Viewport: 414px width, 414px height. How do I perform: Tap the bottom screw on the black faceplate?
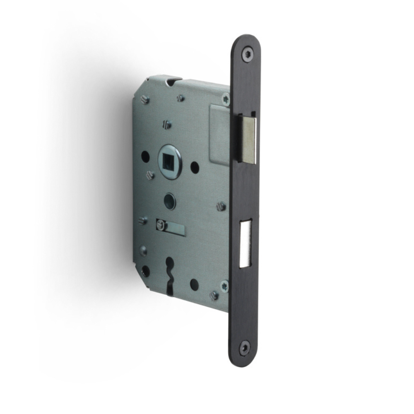point(245,347)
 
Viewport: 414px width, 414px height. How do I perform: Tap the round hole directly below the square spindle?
point(170,201)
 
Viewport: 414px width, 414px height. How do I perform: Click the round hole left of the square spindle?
point(145,156)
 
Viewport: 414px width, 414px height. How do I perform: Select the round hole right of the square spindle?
point(195,167)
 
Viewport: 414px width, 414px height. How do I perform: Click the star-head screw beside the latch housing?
point(226,99)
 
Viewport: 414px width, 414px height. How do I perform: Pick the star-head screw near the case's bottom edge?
point(224,286)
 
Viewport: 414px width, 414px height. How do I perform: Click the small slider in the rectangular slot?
point(161,225)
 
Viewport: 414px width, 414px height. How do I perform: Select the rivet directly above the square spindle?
point(167,124)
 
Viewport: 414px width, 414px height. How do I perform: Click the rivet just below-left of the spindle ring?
point(150,176)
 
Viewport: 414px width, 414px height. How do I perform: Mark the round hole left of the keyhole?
point(145,271)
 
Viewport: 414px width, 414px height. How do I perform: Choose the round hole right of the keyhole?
point(194,284)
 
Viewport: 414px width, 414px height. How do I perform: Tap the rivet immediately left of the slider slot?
point(143,221)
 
